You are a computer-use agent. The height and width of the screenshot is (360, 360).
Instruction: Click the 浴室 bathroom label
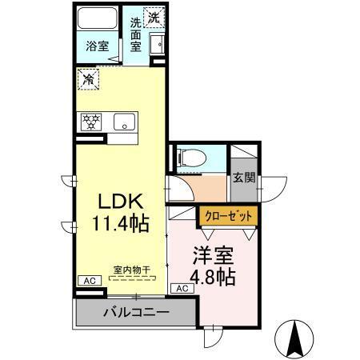[x=98, y=47]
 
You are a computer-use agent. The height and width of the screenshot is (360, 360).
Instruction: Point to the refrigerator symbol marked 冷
[x=87, y=80]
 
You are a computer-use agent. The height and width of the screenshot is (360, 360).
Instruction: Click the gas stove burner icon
[x=90, y=122]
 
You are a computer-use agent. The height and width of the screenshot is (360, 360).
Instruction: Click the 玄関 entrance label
[x=244, y=178]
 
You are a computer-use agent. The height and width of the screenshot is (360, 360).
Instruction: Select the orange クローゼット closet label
[x=230, y=215]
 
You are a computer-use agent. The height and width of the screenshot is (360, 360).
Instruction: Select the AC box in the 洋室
[x=181, y=288]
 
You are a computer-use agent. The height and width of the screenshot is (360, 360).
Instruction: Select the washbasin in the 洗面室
[x=157, y=44]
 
